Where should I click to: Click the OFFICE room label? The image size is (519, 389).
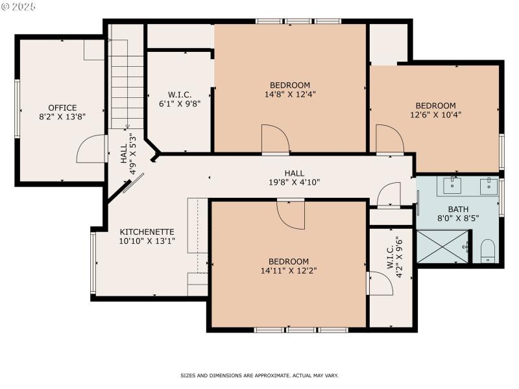click(x=62, y=108)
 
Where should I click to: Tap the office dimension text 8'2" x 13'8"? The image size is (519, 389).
click(x=62, y=117)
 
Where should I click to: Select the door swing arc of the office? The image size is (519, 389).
click(x=90, y=149)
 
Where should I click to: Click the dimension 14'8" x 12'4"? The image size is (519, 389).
click(x=290, y=94)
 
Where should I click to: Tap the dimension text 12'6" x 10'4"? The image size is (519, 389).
click(x=435, y=115)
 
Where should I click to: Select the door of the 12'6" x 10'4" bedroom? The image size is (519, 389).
click(x=389, y=139)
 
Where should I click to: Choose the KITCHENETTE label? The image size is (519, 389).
click(x=147, y=231)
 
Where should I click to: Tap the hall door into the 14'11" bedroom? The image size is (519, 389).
click(x=291, y=213)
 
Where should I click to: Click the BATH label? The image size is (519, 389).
click(x=458, y=209)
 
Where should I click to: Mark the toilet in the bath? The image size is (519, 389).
click(x=488, y=252)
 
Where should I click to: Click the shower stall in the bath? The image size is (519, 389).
click(x=442, y=246)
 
